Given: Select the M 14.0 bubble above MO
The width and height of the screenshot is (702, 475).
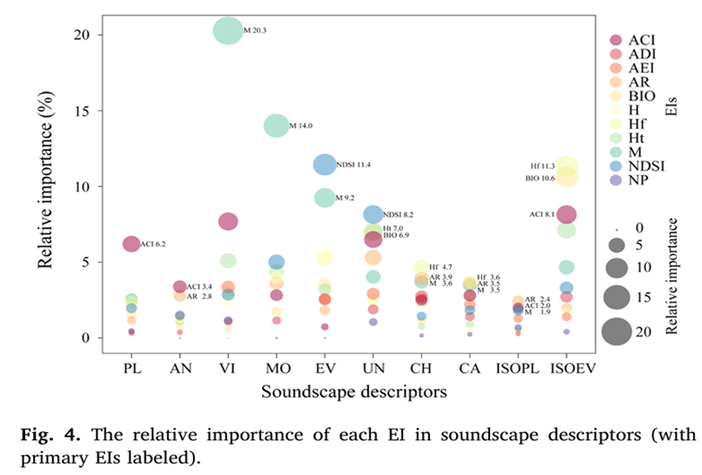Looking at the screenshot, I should pos(276,125).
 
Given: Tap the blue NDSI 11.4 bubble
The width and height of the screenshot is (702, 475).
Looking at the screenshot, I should pos(325,165).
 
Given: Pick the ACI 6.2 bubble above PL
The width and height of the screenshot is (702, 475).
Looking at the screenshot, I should pos(131,243).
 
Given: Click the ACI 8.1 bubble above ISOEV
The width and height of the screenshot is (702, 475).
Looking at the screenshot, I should pos(566,214).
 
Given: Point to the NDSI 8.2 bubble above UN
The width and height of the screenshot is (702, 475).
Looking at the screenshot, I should pos(373,215).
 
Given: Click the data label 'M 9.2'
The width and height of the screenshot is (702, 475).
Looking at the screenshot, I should pos(346,198).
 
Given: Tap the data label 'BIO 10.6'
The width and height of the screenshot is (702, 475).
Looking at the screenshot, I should pos(540,178).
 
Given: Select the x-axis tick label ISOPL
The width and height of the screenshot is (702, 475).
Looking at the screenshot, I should pos(518,367).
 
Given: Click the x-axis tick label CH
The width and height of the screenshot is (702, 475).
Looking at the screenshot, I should pos(421,367).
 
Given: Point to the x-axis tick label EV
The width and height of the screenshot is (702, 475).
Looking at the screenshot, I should pos(325,367).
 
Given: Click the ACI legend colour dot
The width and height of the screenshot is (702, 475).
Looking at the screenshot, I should pos(615,40).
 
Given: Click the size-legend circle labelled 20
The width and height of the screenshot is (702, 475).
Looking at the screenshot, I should pos(615,332).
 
